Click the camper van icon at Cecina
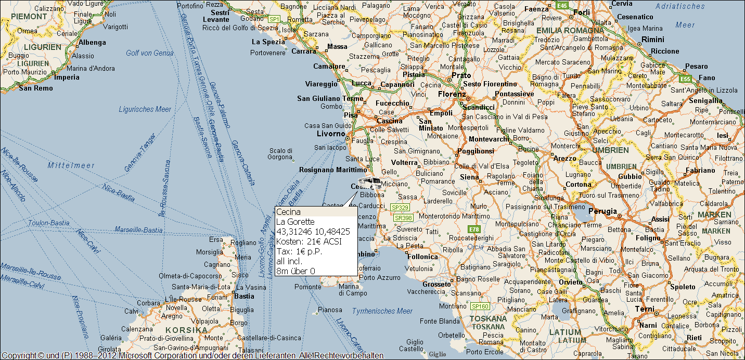pos(369,183)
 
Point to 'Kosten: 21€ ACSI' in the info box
pos(309,241)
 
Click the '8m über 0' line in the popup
pos(296,271)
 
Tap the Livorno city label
pos(331,134)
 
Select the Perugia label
pos(602,212)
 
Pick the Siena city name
pos(469,177)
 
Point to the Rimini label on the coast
pos(652,40)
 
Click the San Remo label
pos(35,88)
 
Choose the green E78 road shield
pos(473,229)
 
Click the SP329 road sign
pos(400,207)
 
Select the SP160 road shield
pos(480,306)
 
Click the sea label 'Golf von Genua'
pos(149,53)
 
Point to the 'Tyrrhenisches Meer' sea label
pos(382,311)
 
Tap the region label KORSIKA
pos(186,330)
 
